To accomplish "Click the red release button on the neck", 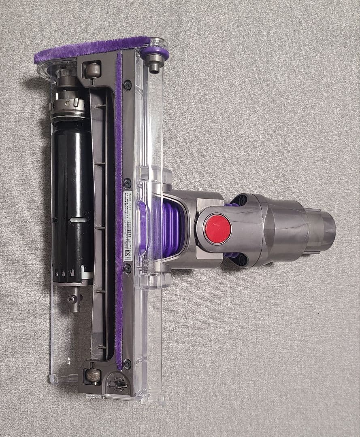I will click(217, 229).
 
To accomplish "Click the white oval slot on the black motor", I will click(78, 220).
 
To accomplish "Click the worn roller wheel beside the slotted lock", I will click(93, 376).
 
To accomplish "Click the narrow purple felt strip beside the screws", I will click(118, 202).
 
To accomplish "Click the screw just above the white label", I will click(127, 183).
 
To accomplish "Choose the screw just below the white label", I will click(127, 269).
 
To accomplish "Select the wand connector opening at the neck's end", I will click(324, 230).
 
